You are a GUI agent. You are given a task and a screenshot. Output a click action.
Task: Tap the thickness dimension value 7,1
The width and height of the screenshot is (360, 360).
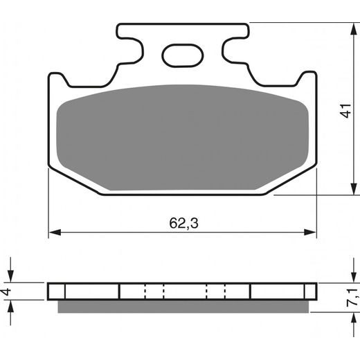[354, 295]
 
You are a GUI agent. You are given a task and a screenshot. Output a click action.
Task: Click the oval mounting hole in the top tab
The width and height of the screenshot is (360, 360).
[181, 54]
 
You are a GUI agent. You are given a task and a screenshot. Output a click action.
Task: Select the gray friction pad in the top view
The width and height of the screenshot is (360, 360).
[182, 135]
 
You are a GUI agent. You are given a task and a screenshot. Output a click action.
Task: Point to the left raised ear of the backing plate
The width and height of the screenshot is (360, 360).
[58, 80]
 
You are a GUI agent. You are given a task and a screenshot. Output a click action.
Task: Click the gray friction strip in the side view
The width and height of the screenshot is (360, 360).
[182, 305]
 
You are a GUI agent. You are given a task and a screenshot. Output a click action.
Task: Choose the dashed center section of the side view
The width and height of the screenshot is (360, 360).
[184, 291]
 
